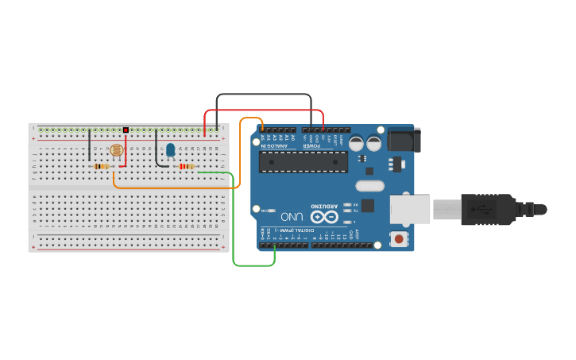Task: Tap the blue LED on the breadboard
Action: [170, 149]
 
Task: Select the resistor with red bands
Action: [187, 166]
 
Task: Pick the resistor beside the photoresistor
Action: [101, 166]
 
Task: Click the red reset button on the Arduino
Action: [397, 238]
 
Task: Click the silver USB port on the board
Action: [410, 209]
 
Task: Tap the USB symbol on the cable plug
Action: [479, 210]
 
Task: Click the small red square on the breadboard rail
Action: [126, 130]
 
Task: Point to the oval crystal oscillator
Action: [369, 186]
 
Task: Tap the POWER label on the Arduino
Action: [312, 145]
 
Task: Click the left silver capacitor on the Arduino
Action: [357, 144]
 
